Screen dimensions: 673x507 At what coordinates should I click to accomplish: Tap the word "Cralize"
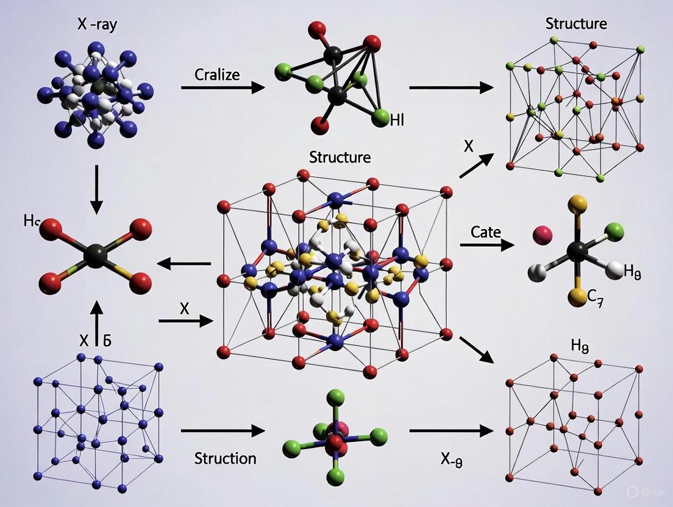pos(217,75)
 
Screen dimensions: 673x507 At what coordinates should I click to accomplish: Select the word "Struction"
pos(225,458)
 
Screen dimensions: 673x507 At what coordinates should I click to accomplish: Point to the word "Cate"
pos(486,232)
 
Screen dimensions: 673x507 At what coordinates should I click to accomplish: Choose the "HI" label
pos(397,120)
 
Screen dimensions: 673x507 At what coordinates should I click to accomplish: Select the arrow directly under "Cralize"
pos(223,88)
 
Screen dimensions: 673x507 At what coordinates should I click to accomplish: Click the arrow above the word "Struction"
pos(223,431)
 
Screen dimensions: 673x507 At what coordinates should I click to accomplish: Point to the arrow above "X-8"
pos(450,431)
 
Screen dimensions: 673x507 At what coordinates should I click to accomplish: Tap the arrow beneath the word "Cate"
pos(486,245)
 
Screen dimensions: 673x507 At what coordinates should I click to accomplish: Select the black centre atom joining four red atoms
pos(94,255)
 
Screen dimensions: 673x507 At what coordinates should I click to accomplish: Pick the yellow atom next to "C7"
pos(577,297)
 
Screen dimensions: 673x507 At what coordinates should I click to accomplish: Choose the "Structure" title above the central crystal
pos(340,157)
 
